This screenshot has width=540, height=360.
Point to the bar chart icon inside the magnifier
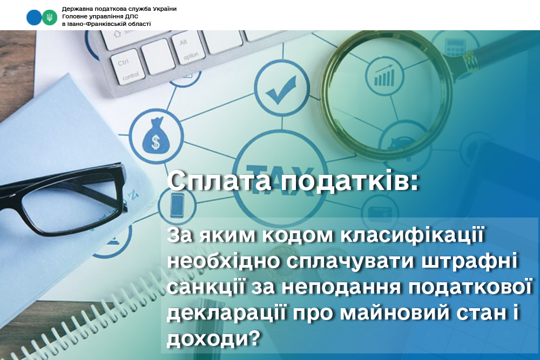pos(384,76)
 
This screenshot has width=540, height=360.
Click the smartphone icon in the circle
pos(177,205)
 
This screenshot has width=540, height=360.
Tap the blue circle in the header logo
pos(33,17)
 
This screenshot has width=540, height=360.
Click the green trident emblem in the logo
pos(50,17)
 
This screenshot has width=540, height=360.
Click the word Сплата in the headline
pos(219,181)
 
